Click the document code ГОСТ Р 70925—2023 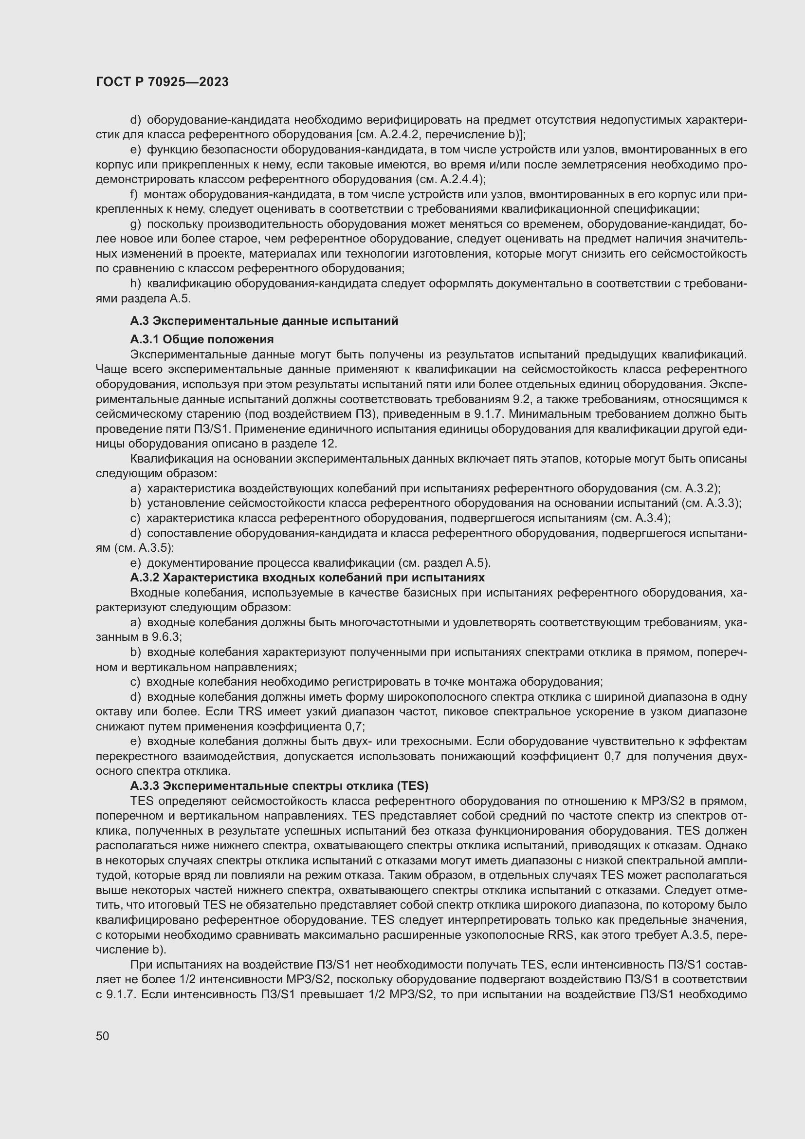coord(162,82)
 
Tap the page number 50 coord(102,1036)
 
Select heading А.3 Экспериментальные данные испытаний coord(264,321)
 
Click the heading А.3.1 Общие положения coord(202,339)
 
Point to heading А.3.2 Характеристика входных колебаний coord(307,578)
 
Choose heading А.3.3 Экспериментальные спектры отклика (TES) coord(279,786)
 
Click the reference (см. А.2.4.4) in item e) coord(448,179)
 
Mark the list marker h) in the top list coord(135,283)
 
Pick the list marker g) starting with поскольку coord(135,224)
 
